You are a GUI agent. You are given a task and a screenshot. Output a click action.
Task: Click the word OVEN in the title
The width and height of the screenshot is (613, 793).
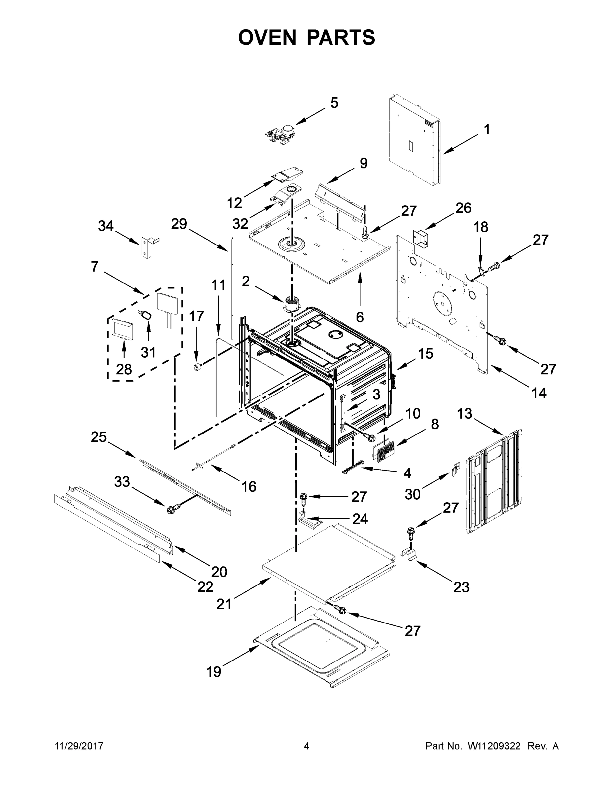[x=267, y=37]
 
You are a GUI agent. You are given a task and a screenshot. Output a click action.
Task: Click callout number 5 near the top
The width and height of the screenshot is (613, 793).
[x=334, y=103]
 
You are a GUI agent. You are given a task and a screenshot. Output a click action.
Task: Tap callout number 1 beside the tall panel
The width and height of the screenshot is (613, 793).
[x=487, y=130]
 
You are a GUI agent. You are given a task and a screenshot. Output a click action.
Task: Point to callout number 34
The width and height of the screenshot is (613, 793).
[x=106, y=226]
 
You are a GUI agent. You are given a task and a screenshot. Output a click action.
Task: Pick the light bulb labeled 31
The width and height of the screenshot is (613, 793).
[x=147, y=315]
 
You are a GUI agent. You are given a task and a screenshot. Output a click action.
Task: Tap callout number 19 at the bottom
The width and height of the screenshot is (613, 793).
[x=213, y=672]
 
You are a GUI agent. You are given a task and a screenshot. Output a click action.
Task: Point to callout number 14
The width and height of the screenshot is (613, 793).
[x=539, y=393]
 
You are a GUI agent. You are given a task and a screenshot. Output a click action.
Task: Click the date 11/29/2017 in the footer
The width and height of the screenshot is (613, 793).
[x=79, y=746]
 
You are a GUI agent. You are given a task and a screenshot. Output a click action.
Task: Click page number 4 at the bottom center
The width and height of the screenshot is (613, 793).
[x=307, y=746]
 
